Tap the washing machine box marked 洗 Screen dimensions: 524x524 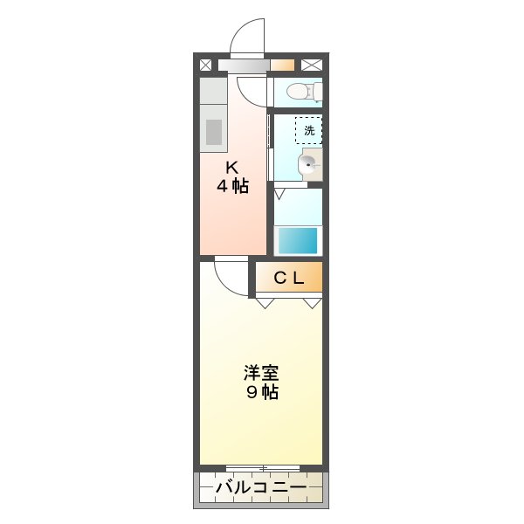[308, 130]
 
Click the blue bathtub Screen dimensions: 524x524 [297, 239]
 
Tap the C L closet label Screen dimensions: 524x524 [288, 279]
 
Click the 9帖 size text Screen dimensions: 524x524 [260, 392]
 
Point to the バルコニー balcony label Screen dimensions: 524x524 [260, 486]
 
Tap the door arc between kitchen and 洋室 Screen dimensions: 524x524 [229, 276]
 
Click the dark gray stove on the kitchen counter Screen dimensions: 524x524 [214, 131]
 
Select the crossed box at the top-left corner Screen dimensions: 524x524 [206, 64]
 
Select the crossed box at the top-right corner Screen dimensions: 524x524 [312, 64]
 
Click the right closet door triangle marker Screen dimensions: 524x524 [312, 303]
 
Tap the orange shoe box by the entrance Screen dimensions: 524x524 [281, 64]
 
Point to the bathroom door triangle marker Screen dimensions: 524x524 [279, 190]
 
